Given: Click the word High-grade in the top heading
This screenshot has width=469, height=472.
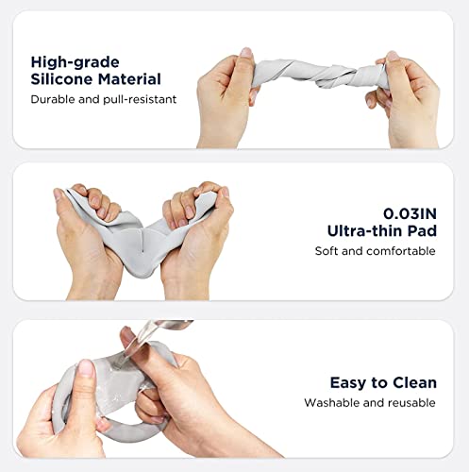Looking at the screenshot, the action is [75, 62].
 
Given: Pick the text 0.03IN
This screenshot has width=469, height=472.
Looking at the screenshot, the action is [410, 214].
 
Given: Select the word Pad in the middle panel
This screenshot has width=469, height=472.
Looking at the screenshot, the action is [423, 230].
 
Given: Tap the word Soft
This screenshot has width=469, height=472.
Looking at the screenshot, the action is [327, 251].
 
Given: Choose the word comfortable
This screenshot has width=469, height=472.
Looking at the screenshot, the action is [401, 251].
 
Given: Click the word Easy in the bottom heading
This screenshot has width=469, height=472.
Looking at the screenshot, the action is [348, 383].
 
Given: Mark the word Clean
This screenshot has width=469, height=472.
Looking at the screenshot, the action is [415, 382].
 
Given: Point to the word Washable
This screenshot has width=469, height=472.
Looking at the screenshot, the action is [331, 403].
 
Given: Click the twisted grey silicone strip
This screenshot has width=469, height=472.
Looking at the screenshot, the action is [318, 73].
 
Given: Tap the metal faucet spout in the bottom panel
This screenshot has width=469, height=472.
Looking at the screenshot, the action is [163, 329].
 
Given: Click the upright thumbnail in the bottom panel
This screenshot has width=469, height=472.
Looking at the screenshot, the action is [86, 368].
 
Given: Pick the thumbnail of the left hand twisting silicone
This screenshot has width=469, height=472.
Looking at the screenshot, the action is [246, 52].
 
